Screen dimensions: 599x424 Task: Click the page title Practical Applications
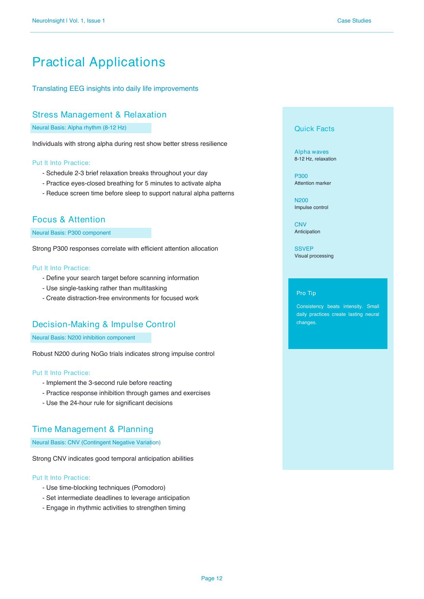coord(98,62)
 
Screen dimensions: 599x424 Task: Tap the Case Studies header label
coord(354,21)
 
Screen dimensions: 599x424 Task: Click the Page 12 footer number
coord(211,578)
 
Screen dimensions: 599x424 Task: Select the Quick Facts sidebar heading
coord(314,129)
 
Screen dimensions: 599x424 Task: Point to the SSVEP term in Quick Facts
coord(304,249)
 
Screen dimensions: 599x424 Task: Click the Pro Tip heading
coord(306,293)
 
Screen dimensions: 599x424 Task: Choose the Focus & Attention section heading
coord(69,220)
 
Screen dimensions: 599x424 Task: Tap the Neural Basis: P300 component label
coord(71,233)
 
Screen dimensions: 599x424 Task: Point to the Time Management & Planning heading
coord(93,429)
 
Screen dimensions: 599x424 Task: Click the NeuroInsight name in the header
coord(48,21)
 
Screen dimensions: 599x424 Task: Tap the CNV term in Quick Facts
coord(300,224)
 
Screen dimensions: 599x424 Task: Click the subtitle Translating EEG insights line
coord(115,89)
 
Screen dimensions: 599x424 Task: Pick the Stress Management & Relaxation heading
coord(99,115)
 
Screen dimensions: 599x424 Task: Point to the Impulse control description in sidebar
coord(311,207)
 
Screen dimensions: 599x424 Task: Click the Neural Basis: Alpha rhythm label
coord(79,128)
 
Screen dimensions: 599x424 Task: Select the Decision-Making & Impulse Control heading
coord(104,324)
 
